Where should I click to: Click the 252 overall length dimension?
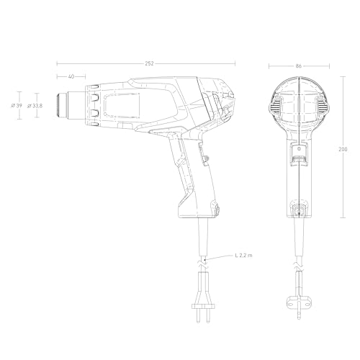pyautogui.click(x=150, y=64)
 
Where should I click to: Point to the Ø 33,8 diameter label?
pyautogui.click(x=35, y=106)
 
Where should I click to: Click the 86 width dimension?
pyautogui.click(x=298, y=66)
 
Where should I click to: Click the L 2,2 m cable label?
pyautogui.click(x=246, y=256)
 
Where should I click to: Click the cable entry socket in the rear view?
pyautogui.click(x=298, y=210)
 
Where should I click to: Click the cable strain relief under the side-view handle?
pyautogui.click(x=203, y=229)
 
